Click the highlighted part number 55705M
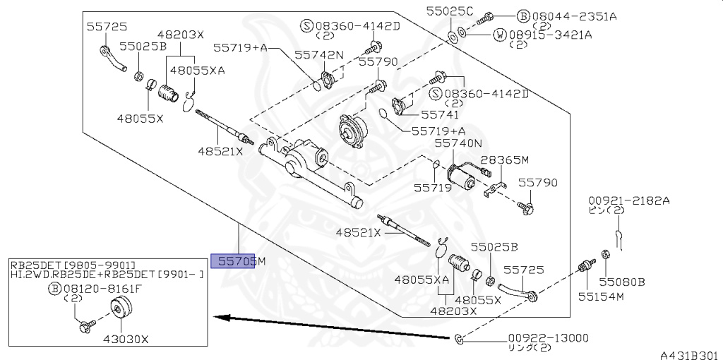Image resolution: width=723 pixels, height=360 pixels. [238, 261]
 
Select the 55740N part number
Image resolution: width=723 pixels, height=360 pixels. [458, 144]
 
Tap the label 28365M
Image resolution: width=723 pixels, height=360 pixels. [504, 160]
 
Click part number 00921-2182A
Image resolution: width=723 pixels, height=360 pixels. [628, 200]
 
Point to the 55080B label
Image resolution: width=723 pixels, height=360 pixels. [621, 281]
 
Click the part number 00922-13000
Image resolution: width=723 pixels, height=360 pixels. [548, 338]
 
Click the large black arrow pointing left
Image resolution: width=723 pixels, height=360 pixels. [332, 328]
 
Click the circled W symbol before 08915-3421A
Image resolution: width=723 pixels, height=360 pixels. [500, 34]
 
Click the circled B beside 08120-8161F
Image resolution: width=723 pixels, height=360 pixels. [54, 289]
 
